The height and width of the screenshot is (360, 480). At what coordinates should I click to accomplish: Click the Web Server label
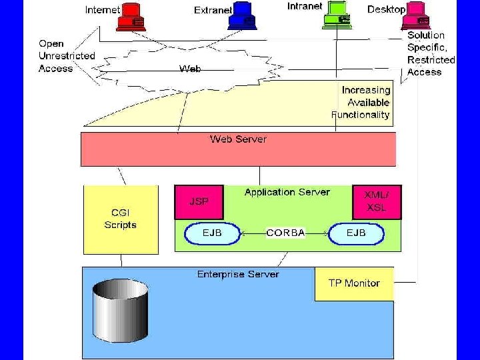coord(238,139)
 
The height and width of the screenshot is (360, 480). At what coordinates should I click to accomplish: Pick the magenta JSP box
coord(199,202)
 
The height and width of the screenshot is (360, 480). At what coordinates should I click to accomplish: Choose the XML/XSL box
coord(377,202)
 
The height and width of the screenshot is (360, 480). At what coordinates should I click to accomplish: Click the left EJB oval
coord(212,233)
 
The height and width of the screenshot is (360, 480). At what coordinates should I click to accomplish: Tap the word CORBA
coord(285,233)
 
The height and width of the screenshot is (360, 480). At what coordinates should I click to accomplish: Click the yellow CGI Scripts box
coord(121,219)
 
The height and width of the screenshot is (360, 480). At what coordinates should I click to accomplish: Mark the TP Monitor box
coord(354,283)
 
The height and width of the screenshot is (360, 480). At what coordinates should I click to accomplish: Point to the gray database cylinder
coord(121,311)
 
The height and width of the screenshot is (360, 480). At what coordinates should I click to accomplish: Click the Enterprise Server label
coord(238,275)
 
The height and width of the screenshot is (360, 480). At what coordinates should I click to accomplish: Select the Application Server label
coord(287,192)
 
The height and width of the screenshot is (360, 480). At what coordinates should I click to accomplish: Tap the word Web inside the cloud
coord(190,69)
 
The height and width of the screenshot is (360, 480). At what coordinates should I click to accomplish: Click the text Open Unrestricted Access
coord(67,56)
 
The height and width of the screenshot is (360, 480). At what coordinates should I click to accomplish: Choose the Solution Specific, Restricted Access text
coord(431,53)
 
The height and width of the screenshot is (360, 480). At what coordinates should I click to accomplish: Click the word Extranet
coord(213,10)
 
